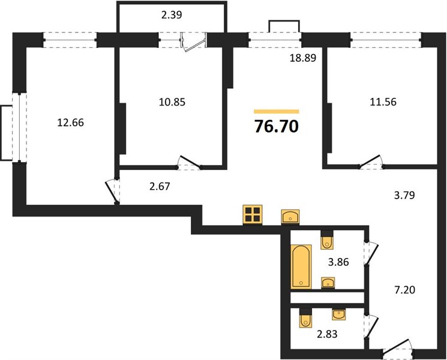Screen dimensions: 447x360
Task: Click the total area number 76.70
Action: [x=276, y=126]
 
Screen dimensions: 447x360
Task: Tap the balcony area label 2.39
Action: [x=172, y=15]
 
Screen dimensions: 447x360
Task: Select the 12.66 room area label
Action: [x=70, y=122]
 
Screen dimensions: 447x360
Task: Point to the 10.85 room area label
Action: [x=172, y=102]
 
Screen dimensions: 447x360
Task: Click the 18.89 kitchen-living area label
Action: [x=303, y=58]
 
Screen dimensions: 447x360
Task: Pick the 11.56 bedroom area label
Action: [x=383, y=102]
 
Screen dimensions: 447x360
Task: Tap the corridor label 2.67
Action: [x=160, y=187]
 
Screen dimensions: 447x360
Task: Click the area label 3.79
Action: [x=404, y=196]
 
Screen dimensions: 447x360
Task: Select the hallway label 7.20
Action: [x=404, y=290]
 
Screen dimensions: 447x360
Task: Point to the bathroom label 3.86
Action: [x=338, y=262]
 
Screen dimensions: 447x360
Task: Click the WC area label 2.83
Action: [x=327, y=334]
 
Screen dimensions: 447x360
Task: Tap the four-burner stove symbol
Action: [x=253, y=215]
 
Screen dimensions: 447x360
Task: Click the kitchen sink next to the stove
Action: [x=290, y=217]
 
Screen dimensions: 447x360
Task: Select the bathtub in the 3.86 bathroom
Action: [x=301, y=266]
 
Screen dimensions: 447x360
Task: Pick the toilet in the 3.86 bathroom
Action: [x=327, y=240]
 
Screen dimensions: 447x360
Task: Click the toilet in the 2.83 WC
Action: [x=305, y=318]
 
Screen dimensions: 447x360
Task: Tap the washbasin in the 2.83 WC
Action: [x=339, y=314]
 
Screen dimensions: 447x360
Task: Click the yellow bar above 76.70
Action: [x=276, y=112]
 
